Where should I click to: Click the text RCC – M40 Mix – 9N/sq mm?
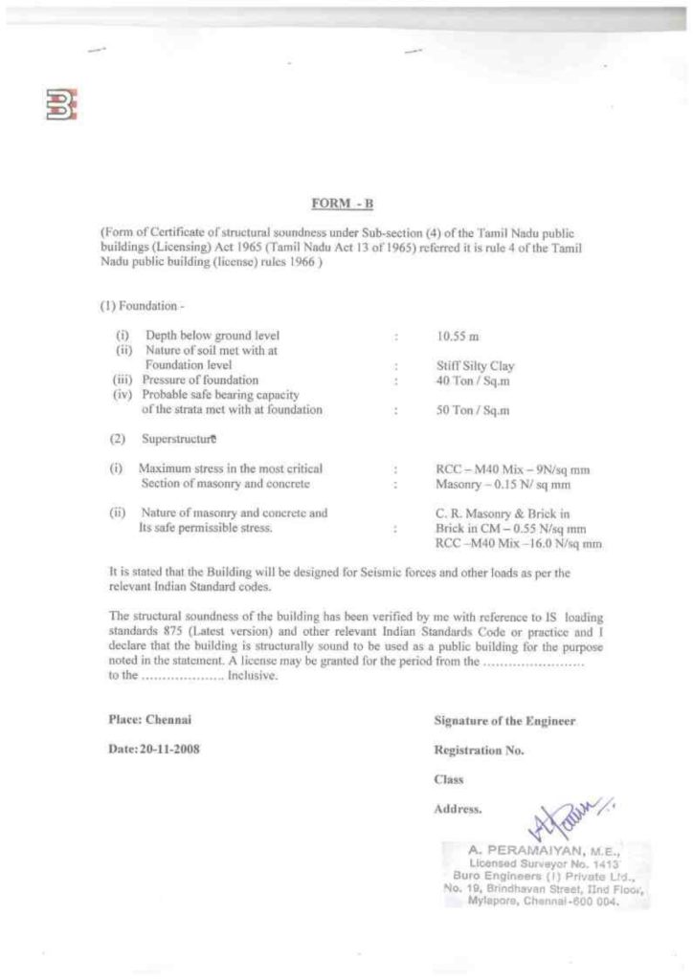pyautogui.click(x=512, y=469)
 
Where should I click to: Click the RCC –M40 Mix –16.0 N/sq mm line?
pyautogui.click(x=519, y=543)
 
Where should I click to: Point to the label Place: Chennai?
pyautogui.click(x=144, y=720)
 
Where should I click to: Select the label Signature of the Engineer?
pyautogui.click(x=504, y=721)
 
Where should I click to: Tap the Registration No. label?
pyautogui.click(x=479, y=751)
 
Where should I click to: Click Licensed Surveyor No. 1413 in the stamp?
pyautogui.click(x=541, y=861)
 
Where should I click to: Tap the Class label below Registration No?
pyautogui.click(x=448, y=779)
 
